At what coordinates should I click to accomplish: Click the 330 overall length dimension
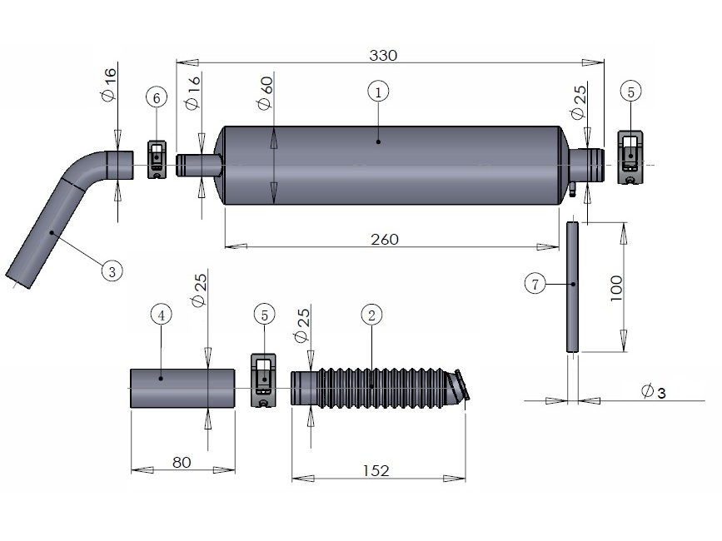coord(384,55)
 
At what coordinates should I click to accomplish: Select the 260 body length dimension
coord(384,239)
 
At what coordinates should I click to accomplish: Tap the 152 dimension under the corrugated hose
coord(376,471)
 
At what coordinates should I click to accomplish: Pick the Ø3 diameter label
coord(654,391)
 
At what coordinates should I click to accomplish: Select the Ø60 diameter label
coord(266,92)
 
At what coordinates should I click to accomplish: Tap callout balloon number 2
coord(372,314)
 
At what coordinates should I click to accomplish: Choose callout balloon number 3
coord(112,270)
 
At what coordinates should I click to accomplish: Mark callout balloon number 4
coord(162,314)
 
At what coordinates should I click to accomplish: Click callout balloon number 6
coord(156,97)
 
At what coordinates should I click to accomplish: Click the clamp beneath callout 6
coord(157,160)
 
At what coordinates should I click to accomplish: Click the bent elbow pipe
coord(67,208)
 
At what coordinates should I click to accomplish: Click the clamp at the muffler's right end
coord(630,156)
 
